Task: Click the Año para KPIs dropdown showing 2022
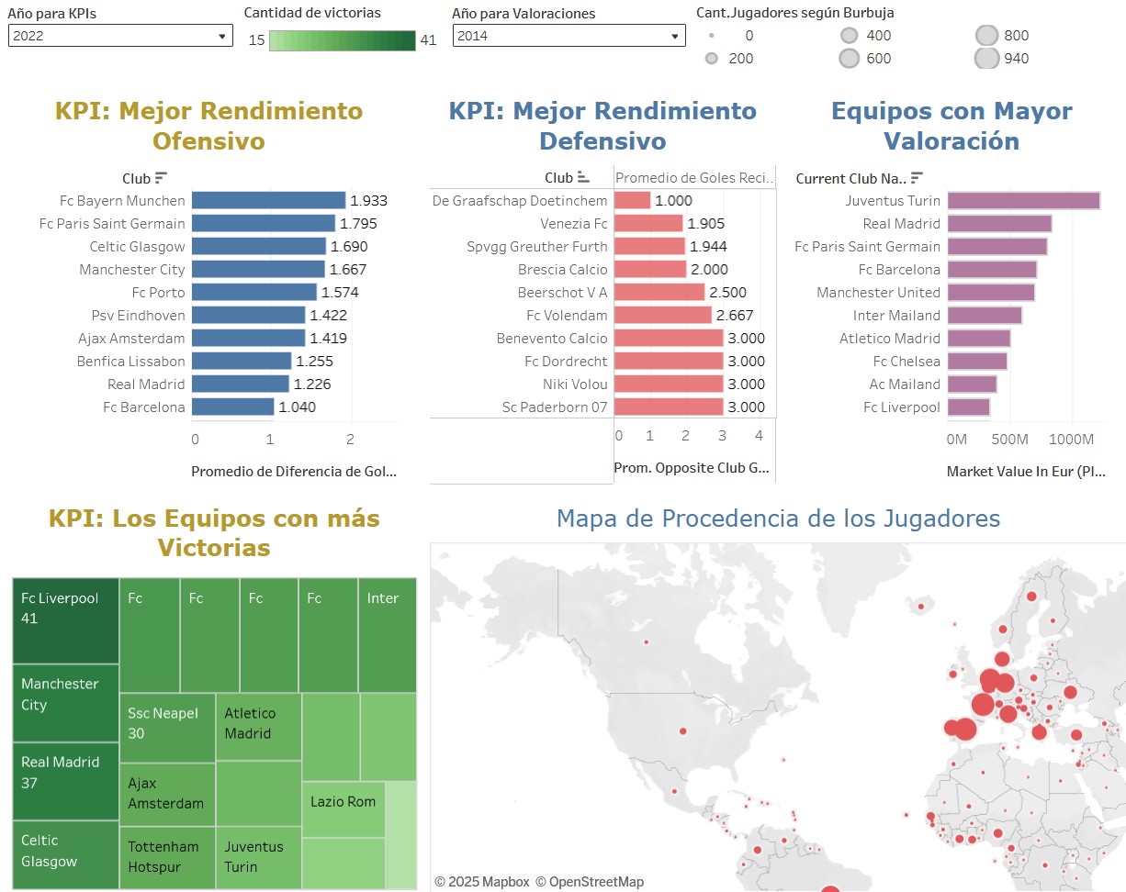(x=119, y=36)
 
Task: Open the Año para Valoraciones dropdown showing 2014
(x=569, y=36)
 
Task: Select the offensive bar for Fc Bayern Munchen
(x=268, y=201)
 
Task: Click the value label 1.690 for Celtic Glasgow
(x=348, y=247)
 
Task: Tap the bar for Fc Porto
(x=254, y=293)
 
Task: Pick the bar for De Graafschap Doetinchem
(x=632, y=201)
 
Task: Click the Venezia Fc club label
(x=574, y=224)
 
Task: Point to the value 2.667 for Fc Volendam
(x=737, y=316)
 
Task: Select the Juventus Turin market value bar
(x=1023, y=201)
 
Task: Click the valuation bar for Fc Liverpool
(x=968, y=407)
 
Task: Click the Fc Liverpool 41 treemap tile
(x=65, y=620)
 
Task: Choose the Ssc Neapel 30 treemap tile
(x=166, y=728)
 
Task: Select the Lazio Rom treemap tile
(x=343, y=808)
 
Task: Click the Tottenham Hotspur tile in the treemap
(x=166, y=857)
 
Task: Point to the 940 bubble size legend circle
(x=987, y=59)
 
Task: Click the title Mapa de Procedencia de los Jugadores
(x=778, y=518)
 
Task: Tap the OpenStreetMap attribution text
(x=590, y=882)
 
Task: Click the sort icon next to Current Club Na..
(x=917, y=178)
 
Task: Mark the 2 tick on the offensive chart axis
(x=350, y=440)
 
